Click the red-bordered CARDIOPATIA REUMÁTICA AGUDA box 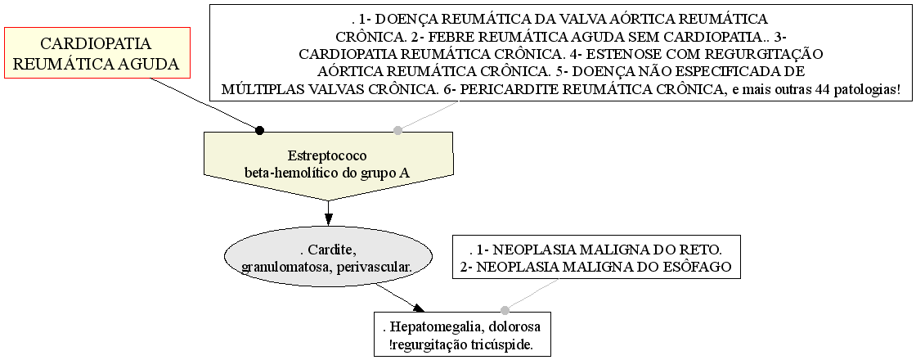point(97,52)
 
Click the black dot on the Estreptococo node point(260,130)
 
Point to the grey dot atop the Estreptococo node point(397,130)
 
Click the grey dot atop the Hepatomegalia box point(505,310)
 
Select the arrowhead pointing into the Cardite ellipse point(328,219)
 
